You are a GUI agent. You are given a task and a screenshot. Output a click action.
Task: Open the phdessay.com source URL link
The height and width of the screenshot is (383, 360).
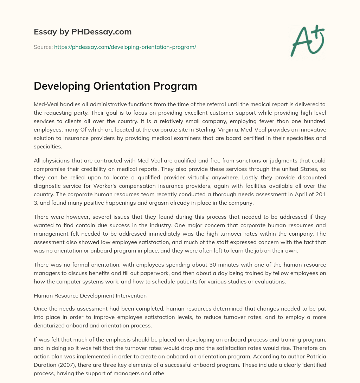click(x=125, y=47)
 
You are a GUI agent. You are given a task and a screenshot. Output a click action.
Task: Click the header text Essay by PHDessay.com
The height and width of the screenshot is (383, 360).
click(x=83, y=32)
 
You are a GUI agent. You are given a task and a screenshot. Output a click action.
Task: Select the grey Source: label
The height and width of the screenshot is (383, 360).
click(x=43, y=47)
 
